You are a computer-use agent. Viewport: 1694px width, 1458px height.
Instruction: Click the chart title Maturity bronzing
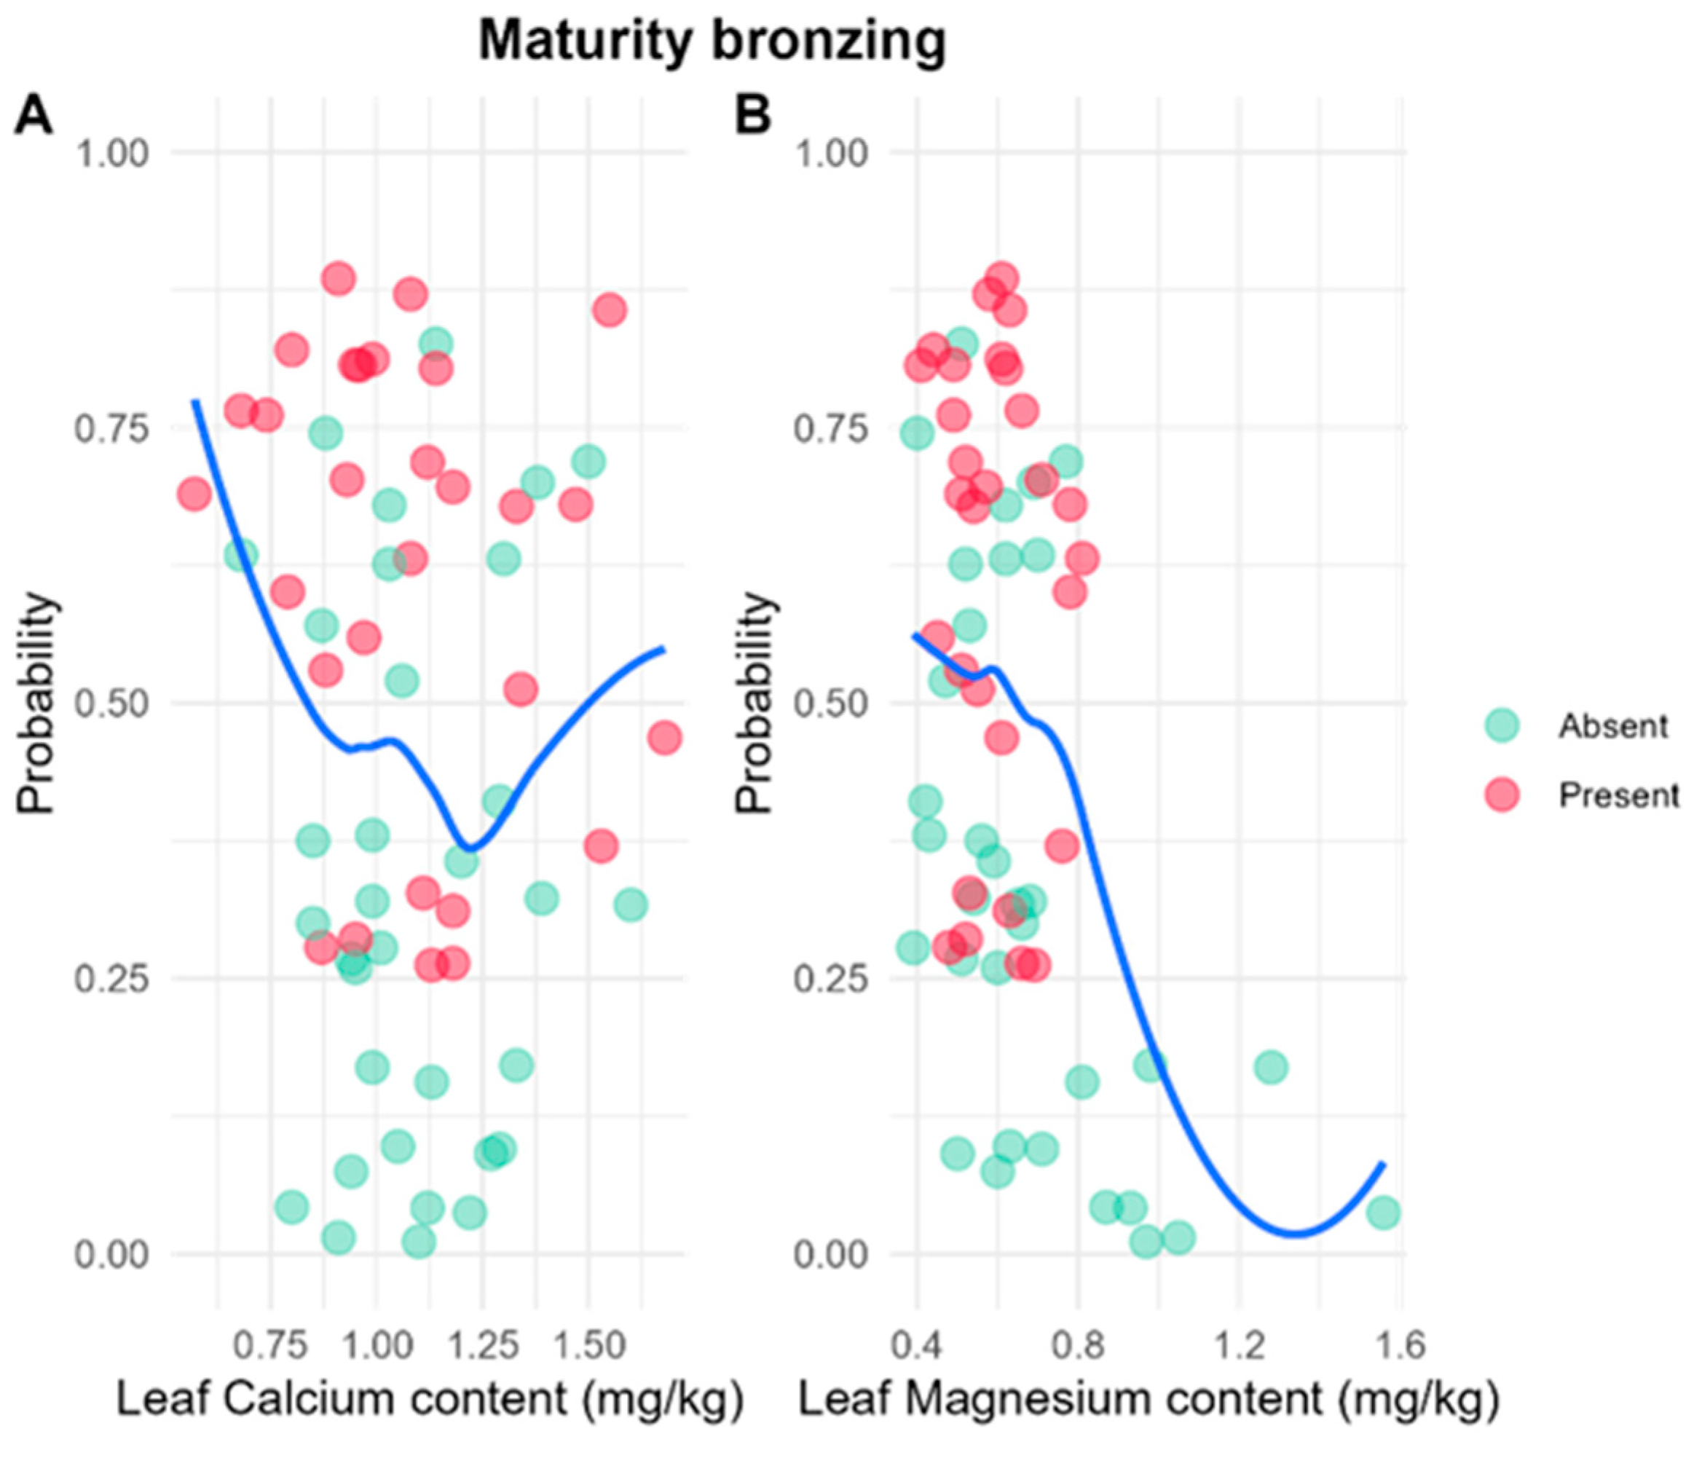tap(712, 41)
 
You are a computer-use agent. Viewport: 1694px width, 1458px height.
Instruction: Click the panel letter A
tap(34, 115)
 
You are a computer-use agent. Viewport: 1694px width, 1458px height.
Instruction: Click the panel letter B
tap(753, 115)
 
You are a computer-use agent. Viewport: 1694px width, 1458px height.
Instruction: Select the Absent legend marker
tap(1502, 725)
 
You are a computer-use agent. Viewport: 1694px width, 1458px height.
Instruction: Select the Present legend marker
tap(1502, 795)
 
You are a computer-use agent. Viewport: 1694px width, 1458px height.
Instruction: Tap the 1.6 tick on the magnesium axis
tap(1400, 1345)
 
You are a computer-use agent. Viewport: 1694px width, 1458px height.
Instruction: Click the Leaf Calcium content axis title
tap(430, 1399)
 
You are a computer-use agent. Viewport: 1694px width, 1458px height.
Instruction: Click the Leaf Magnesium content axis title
tap(1149, 1399)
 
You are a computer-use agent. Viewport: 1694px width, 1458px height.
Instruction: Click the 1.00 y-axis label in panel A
tap(112, 153)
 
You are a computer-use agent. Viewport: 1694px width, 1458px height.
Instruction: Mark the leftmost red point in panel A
tap(194, 493)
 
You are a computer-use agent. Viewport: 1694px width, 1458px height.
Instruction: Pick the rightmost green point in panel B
tap(1383, 1212)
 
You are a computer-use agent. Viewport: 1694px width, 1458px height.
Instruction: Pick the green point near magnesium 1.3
tap(1270, 1067)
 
